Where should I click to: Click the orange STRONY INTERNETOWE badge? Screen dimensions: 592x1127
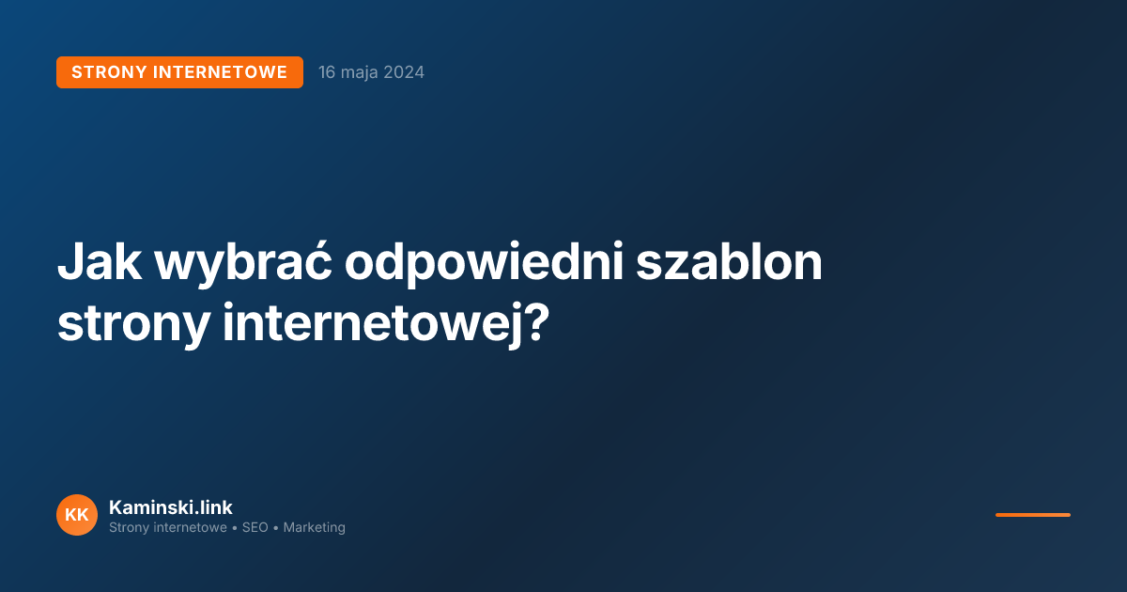(x=179, y=72)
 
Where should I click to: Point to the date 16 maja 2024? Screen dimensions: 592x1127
(x=371, y=72)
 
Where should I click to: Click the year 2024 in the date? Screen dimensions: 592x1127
(x=405, y=72)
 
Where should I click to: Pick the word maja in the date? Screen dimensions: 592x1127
(x=361, y=72)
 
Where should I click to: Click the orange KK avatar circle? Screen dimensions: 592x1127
(x=77, y=515)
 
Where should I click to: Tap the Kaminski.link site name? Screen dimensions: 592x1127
(x=171, y=507)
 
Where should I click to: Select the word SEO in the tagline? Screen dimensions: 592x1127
(x=255, y=528)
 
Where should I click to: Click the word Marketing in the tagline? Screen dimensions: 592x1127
(x=314, y=528)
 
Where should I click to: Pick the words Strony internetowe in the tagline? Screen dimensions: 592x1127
(x=168, y=528)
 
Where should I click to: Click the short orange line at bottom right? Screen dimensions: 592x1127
(x=1032, y=515)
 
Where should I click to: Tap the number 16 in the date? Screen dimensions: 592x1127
(x=327, y=72)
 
